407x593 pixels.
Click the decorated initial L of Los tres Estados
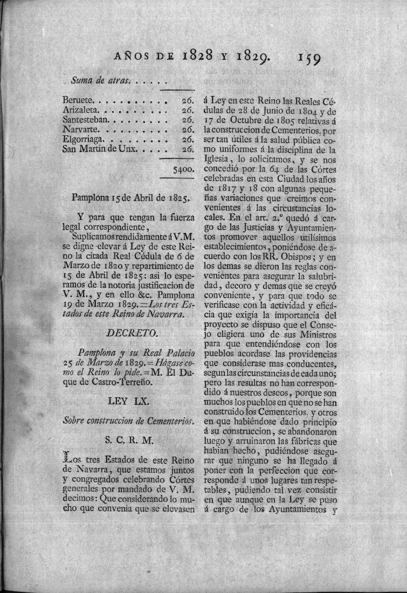tap(68, 457)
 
